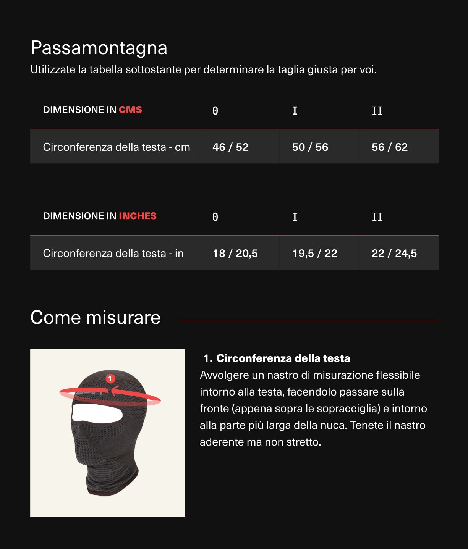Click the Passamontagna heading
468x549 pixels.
(x=99, y=48)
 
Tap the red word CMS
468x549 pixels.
(x=130, y=110)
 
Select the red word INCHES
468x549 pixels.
(x=138, y=216)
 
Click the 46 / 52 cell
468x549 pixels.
(x=230, y=147)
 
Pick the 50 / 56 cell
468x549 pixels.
(x=310, y=147)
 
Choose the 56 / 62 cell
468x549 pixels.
(x=390, y=147)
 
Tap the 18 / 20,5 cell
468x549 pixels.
(x=235, y=253)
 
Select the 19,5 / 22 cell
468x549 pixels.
(x=315, y=253)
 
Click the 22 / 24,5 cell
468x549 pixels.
(x=394, y=253)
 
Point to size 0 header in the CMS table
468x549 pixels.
(x=215, y=111)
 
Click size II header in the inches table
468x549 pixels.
(x=377, y=217)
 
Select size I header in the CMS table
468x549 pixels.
(x=295, y=111)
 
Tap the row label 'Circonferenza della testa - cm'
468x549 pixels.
(x=117, y=147)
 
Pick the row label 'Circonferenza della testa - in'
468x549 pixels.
(x=113, y=253)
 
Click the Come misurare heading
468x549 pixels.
(x=96, y=318)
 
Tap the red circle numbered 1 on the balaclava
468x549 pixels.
(x=110, y=378)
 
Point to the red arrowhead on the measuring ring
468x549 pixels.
(x=113, y=391)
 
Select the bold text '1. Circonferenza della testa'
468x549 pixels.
(x=277, y=358)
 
